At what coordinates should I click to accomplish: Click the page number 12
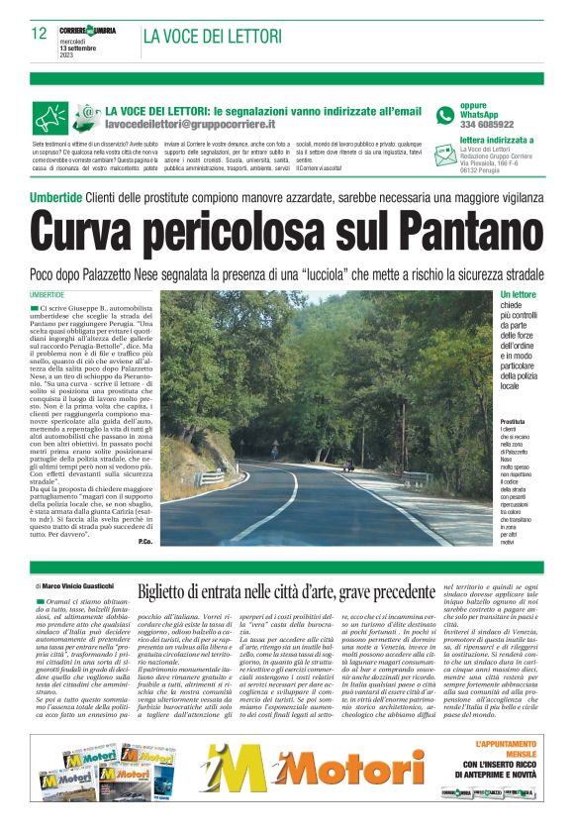[x=39, y=33]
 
